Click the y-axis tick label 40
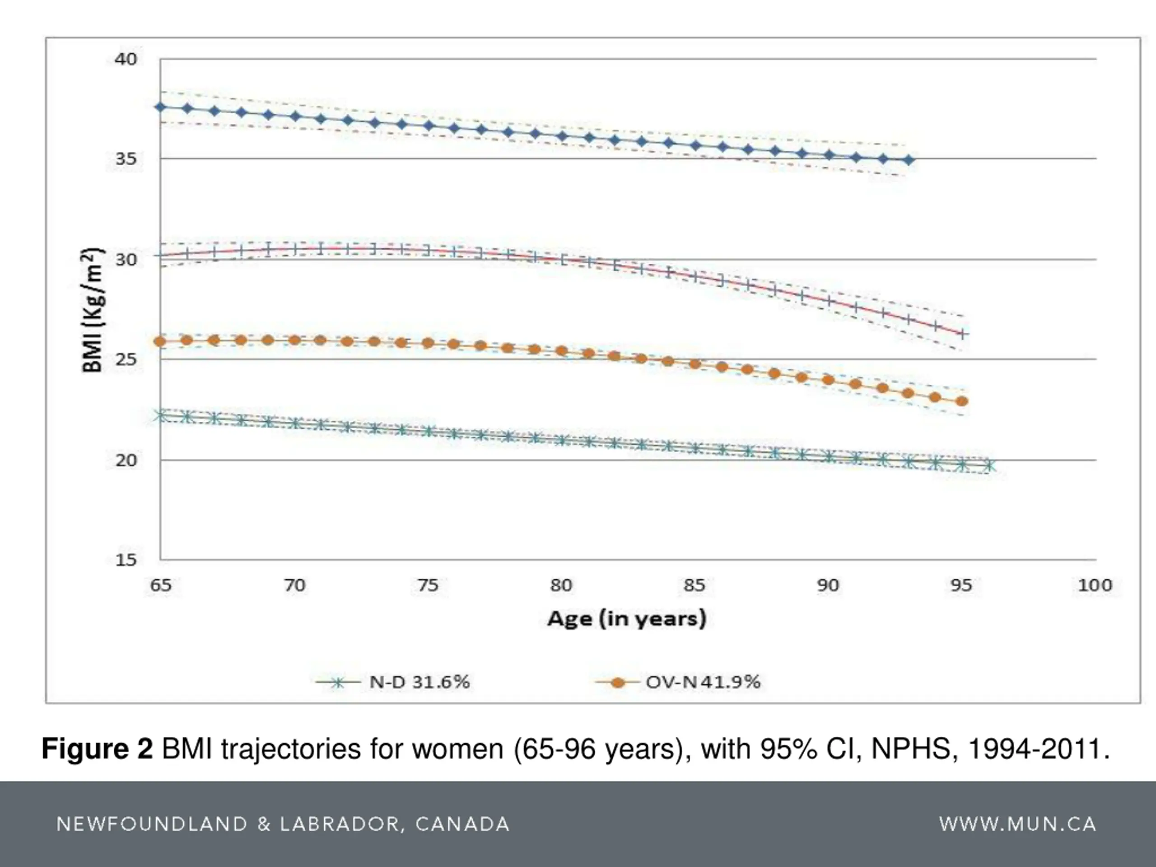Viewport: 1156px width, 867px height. point(126,59)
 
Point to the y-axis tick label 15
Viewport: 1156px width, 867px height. point(126,559)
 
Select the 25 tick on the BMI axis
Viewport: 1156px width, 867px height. point(126,359)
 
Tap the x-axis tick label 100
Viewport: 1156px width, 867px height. point(1095,585)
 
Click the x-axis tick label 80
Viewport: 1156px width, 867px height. point(561,585)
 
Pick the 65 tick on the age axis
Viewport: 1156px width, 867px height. point(160,585)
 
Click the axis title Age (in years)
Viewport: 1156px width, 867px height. point(627,619)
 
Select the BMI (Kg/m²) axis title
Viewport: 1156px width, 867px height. point(93,310)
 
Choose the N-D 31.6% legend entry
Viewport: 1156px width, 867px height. point(393,682)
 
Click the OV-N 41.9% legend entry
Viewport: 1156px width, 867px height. point(678,682)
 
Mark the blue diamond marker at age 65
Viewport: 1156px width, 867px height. point(161,107)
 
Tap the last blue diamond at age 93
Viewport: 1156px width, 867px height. point(909,160)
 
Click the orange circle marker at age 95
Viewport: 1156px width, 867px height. point(961,401)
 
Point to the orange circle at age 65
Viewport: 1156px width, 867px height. point(160,342)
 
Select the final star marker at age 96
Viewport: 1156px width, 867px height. point(989,465)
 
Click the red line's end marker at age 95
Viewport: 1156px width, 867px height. point(962,333)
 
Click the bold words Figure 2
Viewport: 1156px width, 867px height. point(97,749)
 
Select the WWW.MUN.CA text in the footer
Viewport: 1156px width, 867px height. point(1017,824)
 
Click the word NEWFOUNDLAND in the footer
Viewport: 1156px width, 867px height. point(151,824)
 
